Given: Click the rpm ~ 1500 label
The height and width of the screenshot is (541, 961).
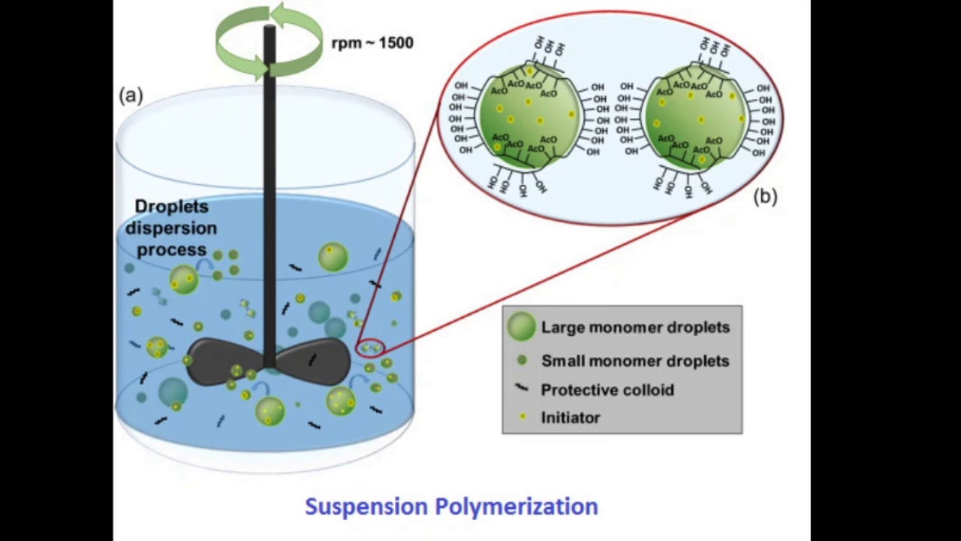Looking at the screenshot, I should tap(372, 43).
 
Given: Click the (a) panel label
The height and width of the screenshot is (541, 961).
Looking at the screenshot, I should tap(131, 95).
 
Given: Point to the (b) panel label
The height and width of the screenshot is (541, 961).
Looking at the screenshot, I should tap(765, 197).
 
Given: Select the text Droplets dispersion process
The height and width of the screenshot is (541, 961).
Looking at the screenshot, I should tap(170, 228).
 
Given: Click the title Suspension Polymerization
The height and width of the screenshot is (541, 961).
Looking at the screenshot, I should tap(451, 506).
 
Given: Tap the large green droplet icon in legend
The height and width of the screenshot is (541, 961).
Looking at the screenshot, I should tap(521, 327).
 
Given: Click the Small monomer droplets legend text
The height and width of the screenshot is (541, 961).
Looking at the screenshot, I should tap(634, 361).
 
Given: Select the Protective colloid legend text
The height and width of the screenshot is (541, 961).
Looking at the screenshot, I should tap(607, 389).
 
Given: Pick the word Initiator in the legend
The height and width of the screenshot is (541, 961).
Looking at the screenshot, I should tap(570, 418).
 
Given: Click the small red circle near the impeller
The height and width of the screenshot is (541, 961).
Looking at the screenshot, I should tap(369, 348).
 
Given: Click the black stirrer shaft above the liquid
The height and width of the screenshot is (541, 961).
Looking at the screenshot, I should tap(269, 135).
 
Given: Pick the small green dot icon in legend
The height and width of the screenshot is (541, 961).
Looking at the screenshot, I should tap(522, 361).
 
